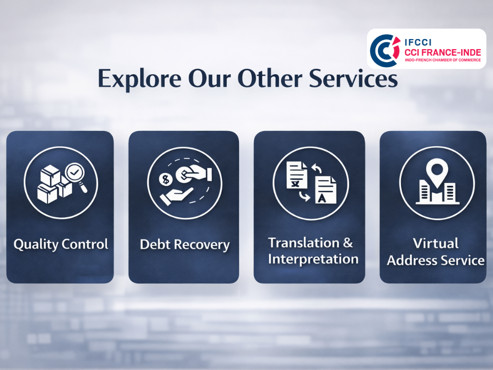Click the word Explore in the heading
click(x=140, y=79)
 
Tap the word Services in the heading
click(x=353, y=79)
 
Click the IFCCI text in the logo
click(x=418, y=42)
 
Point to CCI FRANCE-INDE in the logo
click(x=443, y=52)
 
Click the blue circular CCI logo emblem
click(x=385, y=50)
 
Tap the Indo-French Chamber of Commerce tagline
click(x=443, y=60)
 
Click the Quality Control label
click(x=61, y=244)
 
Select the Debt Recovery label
click(x=184, y=244)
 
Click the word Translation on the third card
click(x=304, y=243)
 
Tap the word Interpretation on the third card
click(x=313, y=259)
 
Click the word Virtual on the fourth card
click(x=435, y=243)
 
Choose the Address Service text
click(x=435, y=260)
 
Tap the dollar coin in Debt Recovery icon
click(x=166, y=180)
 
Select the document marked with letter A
click(x=326, y=190)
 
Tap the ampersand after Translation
click(x=348, y=243)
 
